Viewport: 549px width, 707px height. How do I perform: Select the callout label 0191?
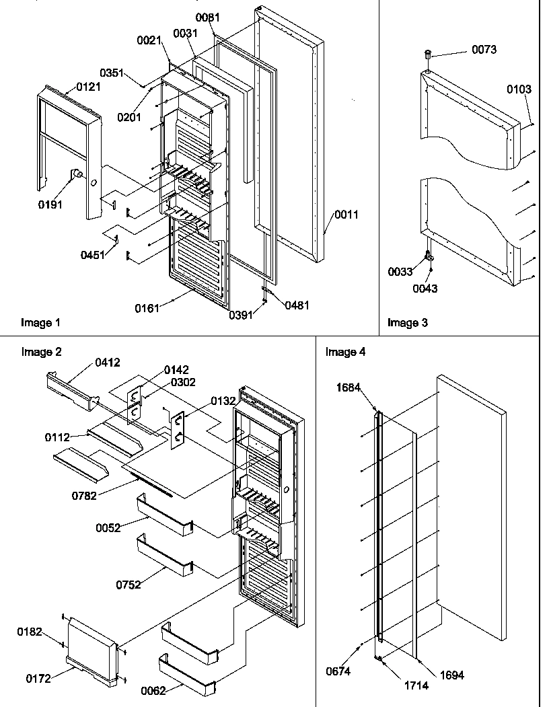[51, 204]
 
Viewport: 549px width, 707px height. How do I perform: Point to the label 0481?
[297, 305]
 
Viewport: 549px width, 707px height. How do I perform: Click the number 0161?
[147, 308]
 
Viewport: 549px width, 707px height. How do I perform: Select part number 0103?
[519, 89]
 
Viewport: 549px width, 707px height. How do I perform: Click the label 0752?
[128, 585]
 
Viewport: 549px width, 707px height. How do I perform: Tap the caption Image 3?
[407, 323]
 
